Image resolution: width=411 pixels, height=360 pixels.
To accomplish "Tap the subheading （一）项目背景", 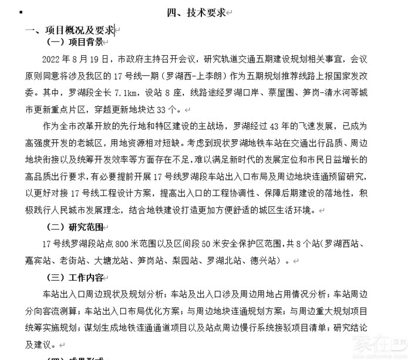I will (x=75, y=42).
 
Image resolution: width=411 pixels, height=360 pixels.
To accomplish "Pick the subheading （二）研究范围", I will (x=75, y=227).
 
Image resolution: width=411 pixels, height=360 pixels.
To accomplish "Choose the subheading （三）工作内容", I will (x=75, y=277).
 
